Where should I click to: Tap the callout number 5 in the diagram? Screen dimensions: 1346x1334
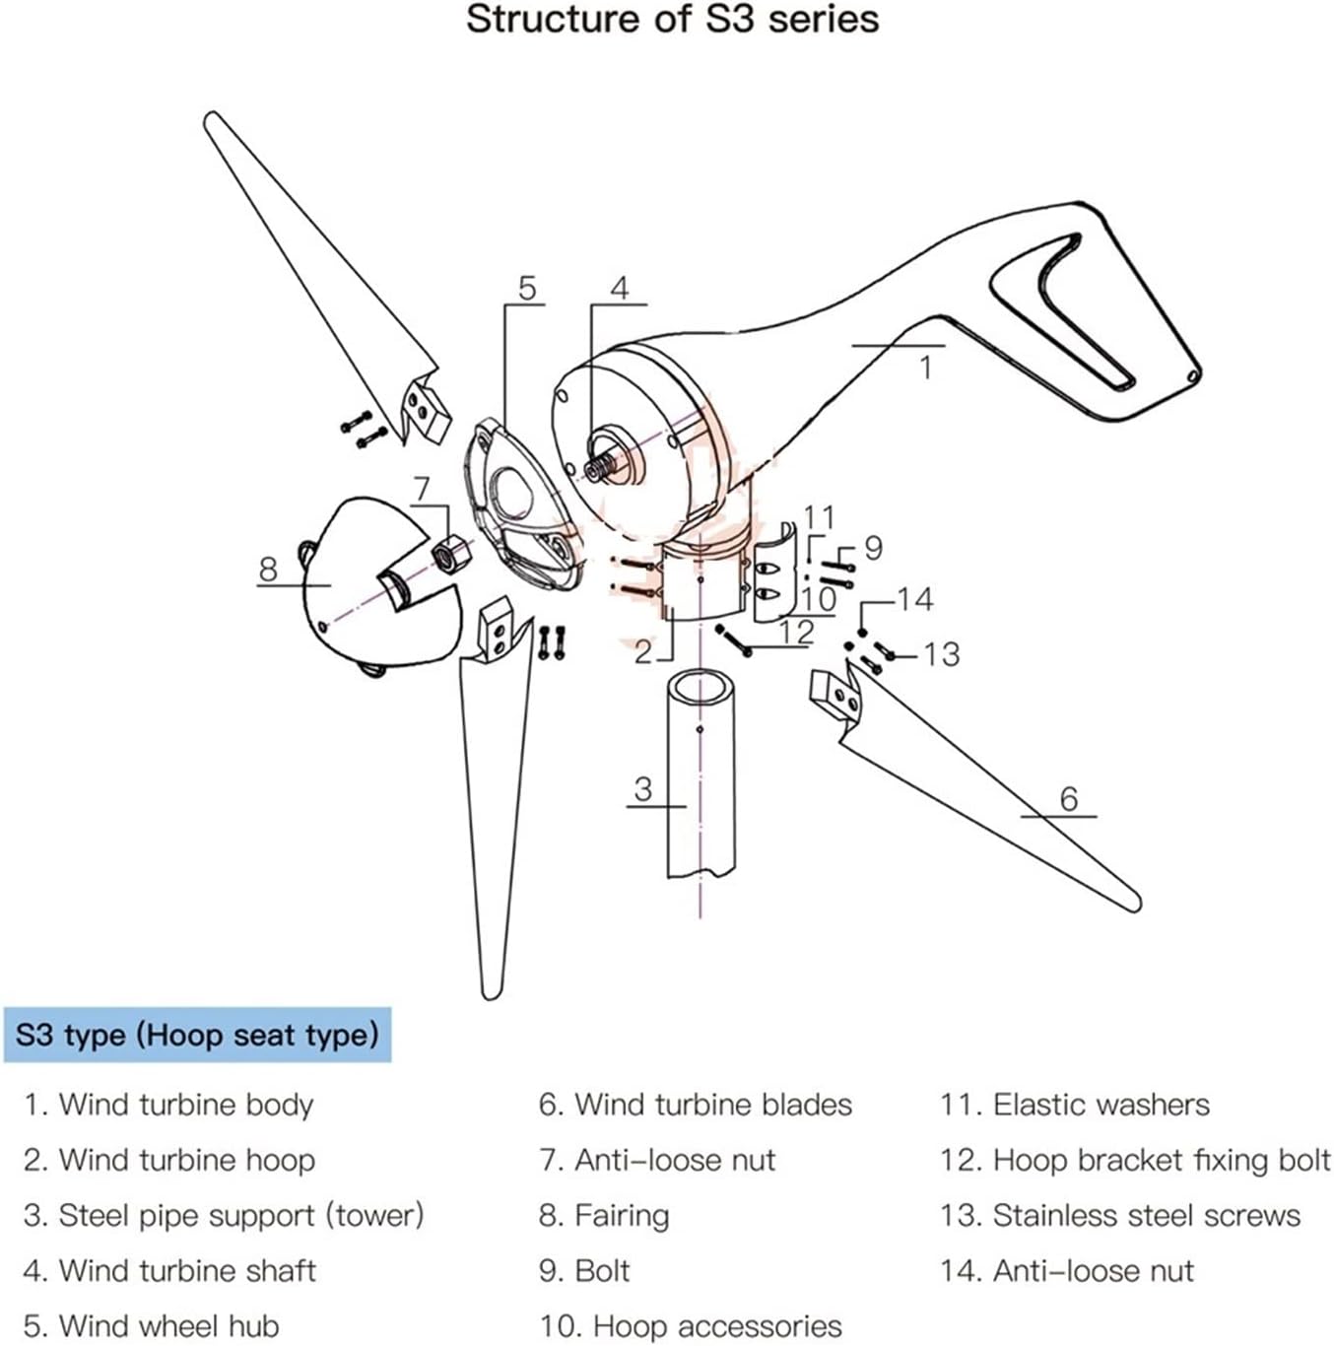(527, 288)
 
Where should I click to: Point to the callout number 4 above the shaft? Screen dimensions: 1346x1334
(619, 288)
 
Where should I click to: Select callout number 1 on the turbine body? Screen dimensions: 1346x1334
(925, 368)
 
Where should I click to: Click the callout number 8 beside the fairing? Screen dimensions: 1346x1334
(268, 569)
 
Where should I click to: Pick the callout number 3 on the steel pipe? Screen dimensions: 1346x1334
(643, 788)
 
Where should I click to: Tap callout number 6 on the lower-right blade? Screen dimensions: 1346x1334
(1069, 798)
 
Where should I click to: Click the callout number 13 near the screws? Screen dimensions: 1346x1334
(941, 653)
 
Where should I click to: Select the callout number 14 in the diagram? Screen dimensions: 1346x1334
(914, 599)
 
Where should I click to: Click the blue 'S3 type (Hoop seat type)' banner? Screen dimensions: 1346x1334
(197, 1035)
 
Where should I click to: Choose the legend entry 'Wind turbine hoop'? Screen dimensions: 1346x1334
(169, 1160)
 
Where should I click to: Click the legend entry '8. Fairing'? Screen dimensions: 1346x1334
(603, 1215)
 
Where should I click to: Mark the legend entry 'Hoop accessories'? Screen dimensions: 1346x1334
(690, 1325)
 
